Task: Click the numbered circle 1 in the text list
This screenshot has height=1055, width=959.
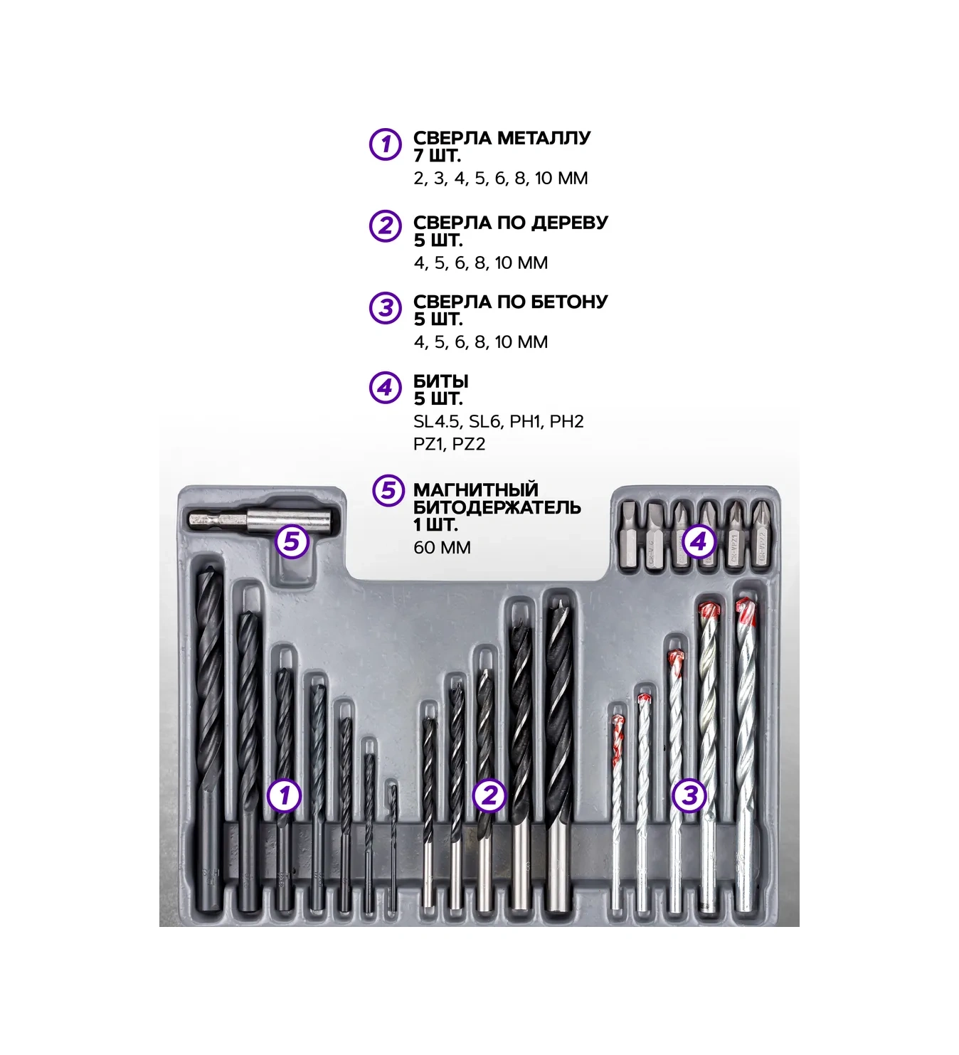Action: (x=385, y=144)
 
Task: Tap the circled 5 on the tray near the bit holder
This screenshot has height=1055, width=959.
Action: (x=292, y=541)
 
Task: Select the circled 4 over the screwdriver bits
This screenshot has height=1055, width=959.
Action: (x=698, y=541)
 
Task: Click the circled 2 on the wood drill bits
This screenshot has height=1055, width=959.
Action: (x=489, y=795)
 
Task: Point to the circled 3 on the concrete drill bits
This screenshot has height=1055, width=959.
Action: (x=689, y=795)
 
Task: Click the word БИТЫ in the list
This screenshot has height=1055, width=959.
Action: (x=441, y=381)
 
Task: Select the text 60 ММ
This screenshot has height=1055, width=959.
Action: (x=442, y=548)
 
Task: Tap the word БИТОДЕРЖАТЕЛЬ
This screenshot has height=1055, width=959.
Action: (x=497, y=507)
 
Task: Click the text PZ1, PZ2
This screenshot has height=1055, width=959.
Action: (x=449, y=444)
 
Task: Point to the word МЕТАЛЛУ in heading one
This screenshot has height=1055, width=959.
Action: (x=544, y=138)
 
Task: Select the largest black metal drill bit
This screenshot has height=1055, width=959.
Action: (x=209, y=737)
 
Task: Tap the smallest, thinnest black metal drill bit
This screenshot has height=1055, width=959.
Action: (x=393, y=846)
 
